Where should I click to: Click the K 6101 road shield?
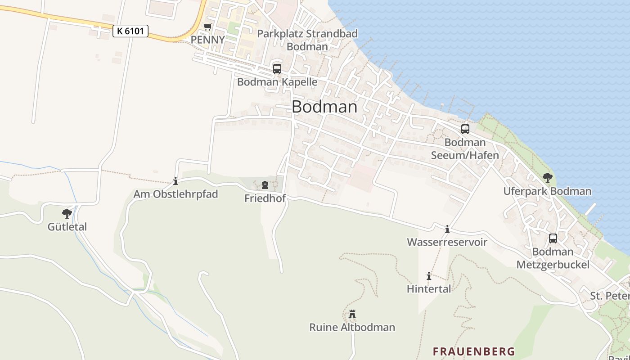130,31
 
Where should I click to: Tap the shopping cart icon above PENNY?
207,27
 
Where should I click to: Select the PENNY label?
207,40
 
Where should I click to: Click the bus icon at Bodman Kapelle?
277,69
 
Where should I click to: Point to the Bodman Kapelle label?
277,82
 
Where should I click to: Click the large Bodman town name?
324,107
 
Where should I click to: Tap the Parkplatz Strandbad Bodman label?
307,40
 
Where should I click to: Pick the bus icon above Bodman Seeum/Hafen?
465,129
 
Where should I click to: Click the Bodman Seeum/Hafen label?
465,149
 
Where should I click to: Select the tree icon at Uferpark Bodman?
547,178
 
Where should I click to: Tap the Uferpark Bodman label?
547,191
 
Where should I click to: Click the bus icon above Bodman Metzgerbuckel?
553,238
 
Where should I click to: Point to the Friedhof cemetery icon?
265,185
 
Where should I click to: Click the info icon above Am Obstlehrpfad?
175,181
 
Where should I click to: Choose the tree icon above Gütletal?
67,213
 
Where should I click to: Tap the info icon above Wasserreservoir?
447,229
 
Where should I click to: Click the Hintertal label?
429,289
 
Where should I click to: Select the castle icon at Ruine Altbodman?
352,314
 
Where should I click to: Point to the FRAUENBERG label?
474,351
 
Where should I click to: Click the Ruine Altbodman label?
352,327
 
